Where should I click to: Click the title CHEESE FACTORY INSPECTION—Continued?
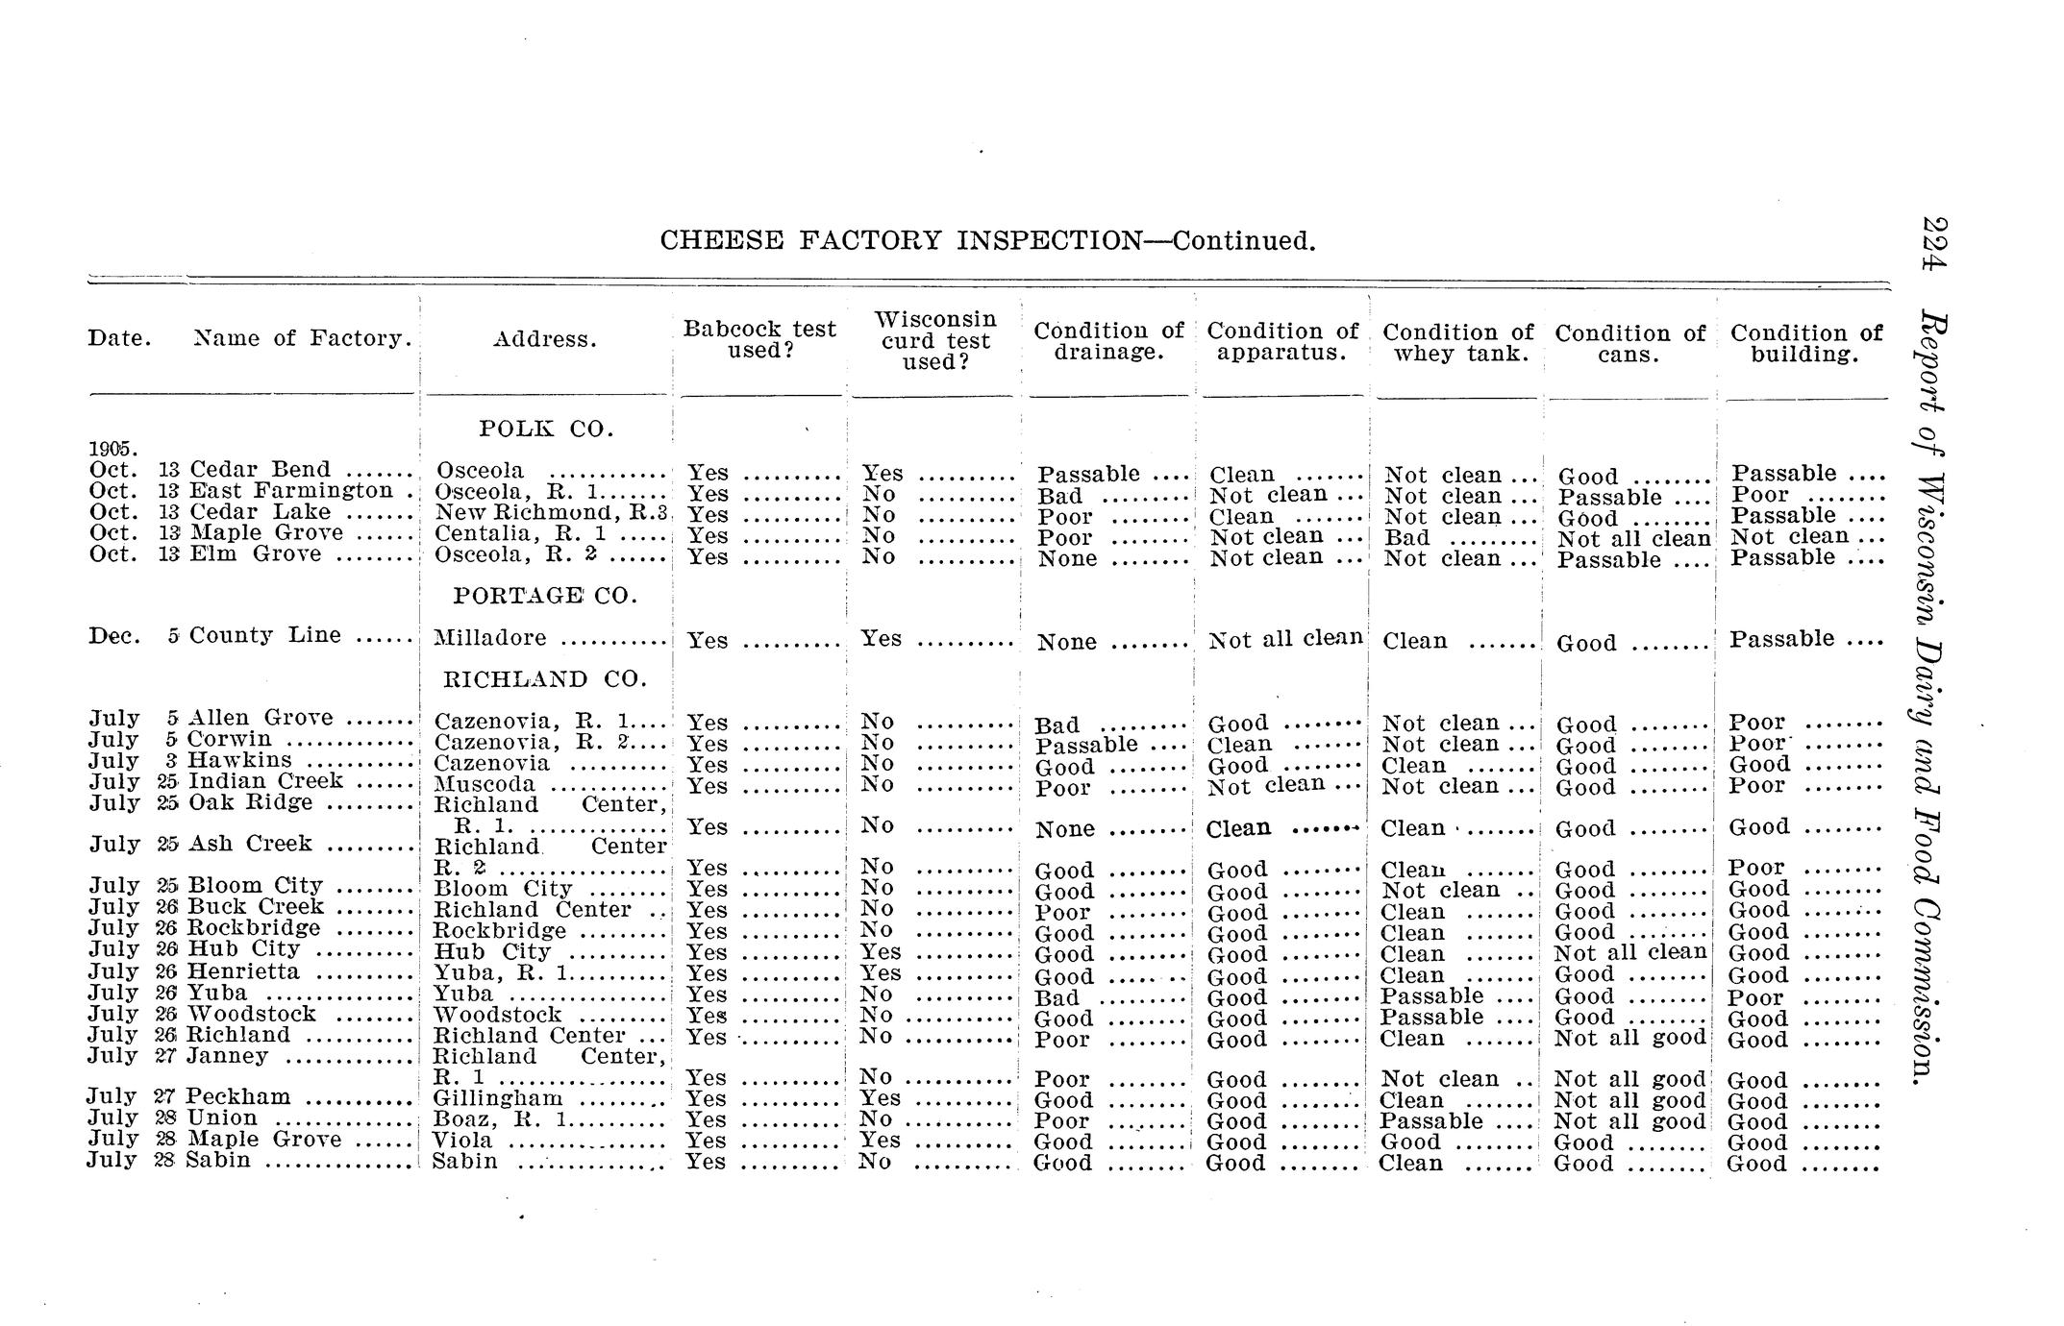(x=987, y=240)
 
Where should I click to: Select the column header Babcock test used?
(x=759, y=339)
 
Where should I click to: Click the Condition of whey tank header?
(x=1457, y=343)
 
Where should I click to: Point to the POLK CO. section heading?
(x=546, y=430)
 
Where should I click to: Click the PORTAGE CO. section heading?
(x=545, y=596)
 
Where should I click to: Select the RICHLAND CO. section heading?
(x=544, y=679)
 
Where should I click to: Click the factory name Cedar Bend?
(x=260, y=470)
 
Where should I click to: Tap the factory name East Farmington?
(x=291, y=491)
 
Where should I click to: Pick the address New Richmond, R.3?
(x=551, y=513)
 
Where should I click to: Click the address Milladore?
(x=490, y=638)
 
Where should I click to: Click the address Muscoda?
(x=485, y=784)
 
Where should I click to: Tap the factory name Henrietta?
(x=243, y=971)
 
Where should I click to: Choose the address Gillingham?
(x=498, y=1098)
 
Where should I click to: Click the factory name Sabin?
(x=218, y=1160)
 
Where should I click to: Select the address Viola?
(x=463, y=1141)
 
